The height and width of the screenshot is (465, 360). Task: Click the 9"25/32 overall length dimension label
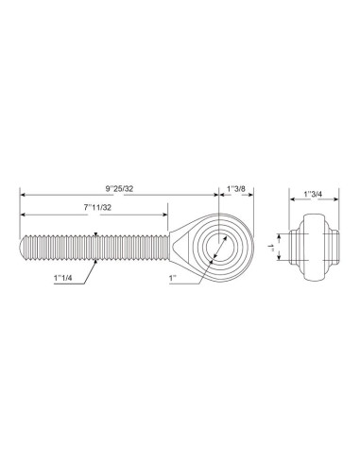pos(119,189)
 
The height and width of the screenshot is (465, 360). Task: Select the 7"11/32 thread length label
pos(97,208)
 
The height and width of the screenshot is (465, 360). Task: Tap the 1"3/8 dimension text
pos(236,189)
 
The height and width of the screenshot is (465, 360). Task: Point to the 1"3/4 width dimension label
pos(313,194)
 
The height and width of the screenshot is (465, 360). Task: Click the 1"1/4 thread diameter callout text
pos(63,278)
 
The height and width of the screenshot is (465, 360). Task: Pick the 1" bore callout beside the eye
pos(172,278)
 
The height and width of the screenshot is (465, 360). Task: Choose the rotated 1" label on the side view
pos(271,247)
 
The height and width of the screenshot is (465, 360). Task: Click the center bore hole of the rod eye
pos(220,248)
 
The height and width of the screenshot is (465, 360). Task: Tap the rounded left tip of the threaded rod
pos(22,248)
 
